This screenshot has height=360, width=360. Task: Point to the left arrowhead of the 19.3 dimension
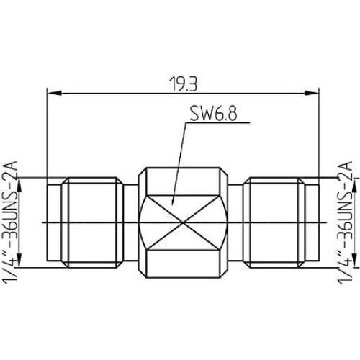[50, 92]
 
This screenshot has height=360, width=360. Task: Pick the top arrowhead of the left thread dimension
[22, 182]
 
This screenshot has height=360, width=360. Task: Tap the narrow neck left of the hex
[130, 222]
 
